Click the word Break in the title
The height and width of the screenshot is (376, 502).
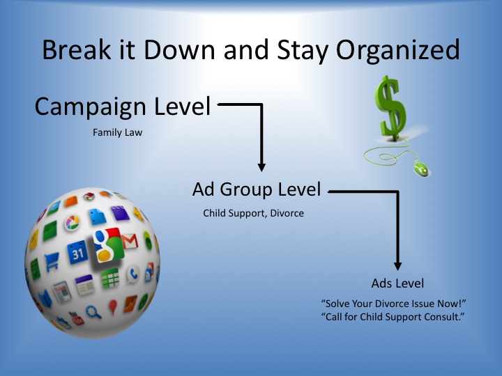click(77, 49)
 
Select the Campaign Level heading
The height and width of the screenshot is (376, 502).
click(123, 106)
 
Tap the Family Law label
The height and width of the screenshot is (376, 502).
click(118, 132)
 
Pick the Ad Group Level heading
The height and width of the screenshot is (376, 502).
click(257, 189)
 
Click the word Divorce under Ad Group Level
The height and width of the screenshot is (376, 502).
click(287, 213)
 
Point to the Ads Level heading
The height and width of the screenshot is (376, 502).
click(397, 283)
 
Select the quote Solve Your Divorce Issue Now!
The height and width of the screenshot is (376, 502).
click(393, 303)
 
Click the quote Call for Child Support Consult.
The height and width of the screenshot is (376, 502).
click(393, 317)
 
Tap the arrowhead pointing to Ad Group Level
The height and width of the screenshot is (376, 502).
click(261, 167)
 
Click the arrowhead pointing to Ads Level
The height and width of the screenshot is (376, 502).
click(397, 266)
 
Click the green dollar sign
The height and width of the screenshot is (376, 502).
click(391, 108)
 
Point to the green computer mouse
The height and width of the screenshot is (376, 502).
click(421, 169)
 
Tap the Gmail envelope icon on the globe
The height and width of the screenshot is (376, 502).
click(130, 242)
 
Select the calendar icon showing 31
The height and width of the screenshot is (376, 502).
click(77, 253)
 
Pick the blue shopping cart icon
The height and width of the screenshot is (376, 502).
click(52, 261)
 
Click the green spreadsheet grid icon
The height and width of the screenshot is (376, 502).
click(110, 278)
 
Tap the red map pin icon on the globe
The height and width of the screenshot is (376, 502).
click(113, 306)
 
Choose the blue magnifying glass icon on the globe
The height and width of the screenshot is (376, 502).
click(93, 312)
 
